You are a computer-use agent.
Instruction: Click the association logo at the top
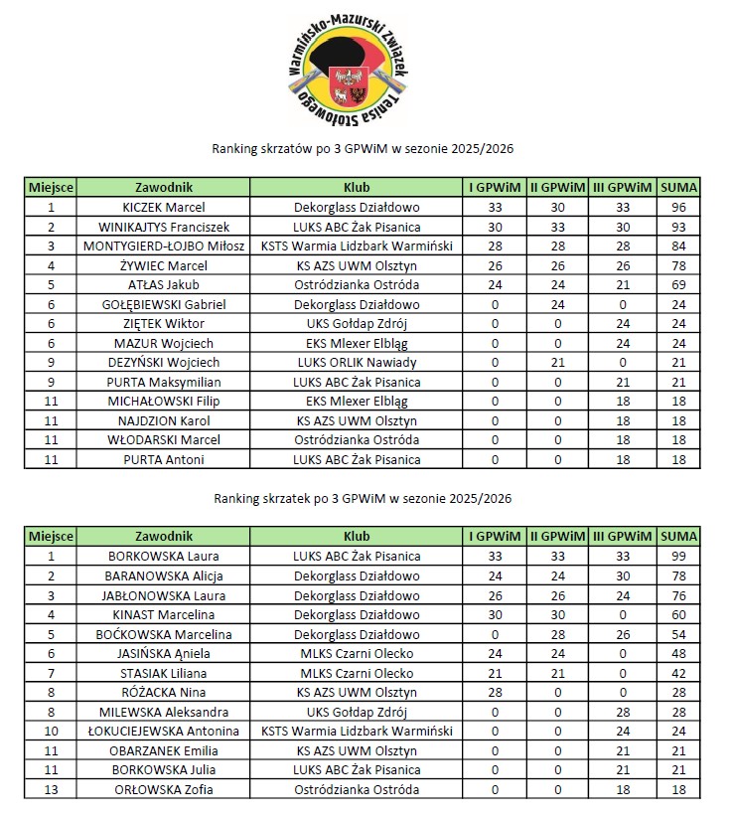[x=348, y=68]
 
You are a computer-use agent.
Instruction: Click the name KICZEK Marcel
[x=164, y=208]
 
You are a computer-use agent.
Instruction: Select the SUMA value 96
[x=679, y=208]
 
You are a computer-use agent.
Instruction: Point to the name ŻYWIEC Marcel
[x=164, y=265]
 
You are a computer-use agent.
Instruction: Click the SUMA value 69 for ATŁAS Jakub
[x=679, y=284]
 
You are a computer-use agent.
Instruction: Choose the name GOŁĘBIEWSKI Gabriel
[x=164, y=304]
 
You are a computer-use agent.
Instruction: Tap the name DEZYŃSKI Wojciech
[x=164, y=363]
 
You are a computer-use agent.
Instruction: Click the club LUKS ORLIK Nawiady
[x=357, y=363]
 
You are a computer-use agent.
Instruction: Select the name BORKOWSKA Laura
[x=164, y=557]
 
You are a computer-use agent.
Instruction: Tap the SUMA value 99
[x=679, y=557]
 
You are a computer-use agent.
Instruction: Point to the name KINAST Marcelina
[x=164, y=615]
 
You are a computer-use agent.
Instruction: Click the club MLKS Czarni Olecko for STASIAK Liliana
[x=357, y=673]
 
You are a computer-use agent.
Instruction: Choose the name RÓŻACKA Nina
[x=164, y=693]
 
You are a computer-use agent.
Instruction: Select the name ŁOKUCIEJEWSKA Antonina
[x=164, y=732]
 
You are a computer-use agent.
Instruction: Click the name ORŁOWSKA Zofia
[x=164, y=790]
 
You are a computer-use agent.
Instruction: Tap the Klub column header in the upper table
[x=357, y=187]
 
